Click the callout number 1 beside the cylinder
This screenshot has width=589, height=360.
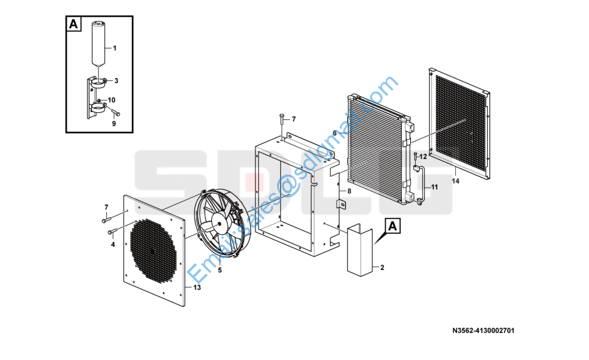click(115, 48)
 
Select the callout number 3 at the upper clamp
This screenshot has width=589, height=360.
click(116, 81)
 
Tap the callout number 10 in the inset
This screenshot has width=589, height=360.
click(112, 100)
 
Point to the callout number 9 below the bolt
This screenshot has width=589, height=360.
click(114, 123)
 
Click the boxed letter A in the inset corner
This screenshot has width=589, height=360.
click(74, 24)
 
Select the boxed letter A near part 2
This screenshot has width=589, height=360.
click(392, 226)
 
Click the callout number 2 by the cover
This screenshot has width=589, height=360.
click(383, 268)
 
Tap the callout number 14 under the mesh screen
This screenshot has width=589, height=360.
click(455, 181)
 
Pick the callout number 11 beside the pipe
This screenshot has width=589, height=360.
click(434, 187)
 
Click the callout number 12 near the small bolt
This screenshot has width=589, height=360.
click(423, 157)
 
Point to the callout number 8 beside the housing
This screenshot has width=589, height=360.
click(349, 191)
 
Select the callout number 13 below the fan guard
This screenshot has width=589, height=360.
click(197, 287)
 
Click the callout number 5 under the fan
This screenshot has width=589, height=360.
click(220, 270)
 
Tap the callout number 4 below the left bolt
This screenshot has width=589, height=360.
click(113, 245)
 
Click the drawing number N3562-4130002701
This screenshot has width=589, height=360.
click(483, 331)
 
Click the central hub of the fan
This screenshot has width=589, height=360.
click(220, 223)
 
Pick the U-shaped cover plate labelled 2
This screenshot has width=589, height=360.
click(359, 250)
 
